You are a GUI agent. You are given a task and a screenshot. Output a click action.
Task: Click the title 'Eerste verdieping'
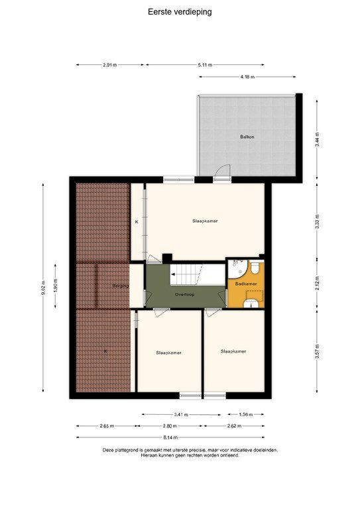point(180,11)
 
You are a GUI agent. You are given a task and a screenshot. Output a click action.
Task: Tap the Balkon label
point(247,137)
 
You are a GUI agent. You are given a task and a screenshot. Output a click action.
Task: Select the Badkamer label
point(246,284)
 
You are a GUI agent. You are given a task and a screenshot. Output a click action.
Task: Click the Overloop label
point(184,294)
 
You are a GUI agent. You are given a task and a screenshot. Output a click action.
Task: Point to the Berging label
point(120,286)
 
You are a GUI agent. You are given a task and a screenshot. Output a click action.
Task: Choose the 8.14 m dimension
point(170,437)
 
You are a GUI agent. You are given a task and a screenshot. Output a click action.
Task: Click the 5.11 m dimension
point(206,65)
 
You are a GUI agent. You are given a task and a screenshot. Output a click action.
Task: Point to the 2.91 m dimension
point(110,65)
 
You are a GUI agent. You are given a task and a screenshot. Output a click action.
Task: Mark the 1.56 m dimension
point(246,414)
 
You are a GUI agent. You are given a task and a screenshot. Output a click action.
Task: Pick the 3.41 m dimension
point(180,414)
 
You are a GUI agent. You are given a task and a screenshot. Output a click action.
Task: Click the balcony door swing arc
point(223,170)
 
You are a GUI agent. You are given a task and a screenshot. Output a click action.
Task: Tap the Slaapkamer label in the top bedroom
point(206,221)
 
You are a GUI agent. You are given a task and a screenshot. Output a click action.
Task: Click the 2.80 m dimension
point(170,426)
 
